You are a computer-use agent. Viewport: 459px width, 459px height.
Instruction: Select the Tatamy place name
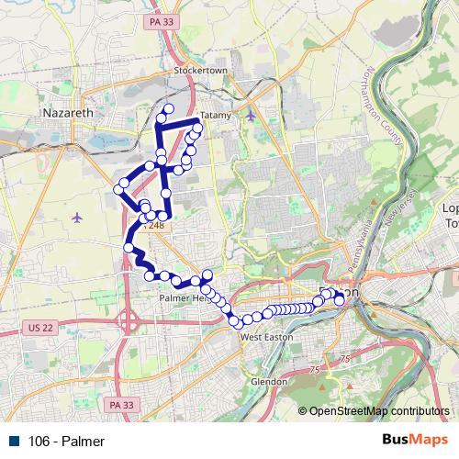(x=215, y=116)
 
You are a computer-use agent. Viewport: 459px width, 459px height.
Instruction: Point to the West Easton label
(x=264, y=336)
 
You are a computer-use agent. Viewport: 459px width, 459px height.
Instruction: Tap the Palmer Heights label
(x=184, y=298)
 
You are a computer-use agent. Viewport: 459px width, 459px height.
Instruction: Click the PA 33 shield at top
(x=162, y=19)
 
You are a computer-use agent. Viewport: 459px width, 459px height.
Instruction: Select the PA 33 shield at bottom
(x=120, y=403)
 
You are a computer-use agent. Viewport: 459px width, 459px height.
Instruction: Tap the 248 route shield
(x=156, y=224)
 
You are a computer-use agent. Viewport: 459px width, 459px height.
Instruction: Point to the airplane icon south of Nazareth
(x=75, y=218)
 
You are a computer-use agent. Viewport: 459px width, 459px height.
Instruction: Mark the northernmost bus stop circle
(x=168, y=111)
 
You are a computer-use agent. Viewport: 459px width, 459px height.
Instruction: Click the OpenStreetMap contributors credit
(x=378, y=411)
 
